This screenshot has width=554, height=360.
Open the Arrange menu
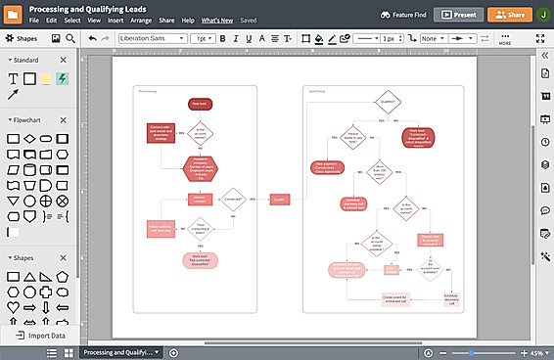pos(140,20)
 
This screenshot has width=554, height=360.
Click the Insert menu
pos(115,20)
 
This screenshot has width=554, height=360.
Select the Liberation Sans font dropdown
pos(152,38)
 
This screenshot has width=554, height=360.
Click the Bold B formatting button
pos(222,38)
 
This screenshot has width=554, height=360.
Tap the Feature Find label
pos(401,15)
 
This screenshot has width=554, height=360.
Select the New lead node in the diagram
pos(199,103)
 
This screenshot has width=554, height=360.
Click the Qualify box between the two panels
pos(279,199)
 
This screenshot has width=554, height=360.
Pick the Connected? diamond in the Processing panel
pos(234,199)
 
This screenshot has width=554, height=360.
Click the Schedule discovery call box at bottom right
pos(450,297)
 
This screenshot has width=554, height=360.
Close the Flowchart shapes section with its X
pos(64,119)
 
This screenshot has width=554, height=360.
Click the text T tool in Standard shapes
pos(14,78)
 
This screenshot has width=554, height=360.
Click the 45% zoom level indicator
pos(536,352)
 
